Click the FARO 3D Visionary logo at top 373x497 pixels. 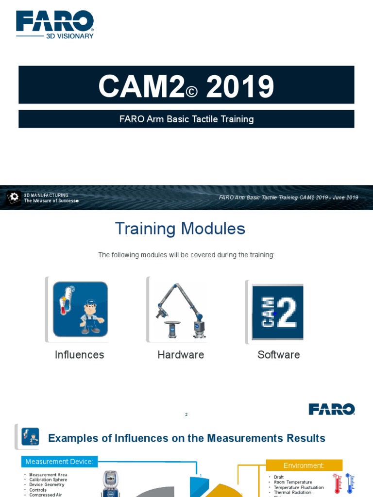pos(55,24)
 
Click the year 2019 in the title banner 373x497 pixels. pos(240,87)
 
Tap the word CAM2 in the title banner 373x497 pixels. pos(141,87)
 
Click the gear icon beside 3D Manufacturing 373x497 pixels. pos(14,197)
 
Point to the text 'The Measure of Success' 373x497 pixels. pos(51,200)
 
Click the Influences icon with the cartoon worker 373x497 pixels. pos(80,309)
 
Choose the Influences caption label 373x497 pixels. pos(79,355)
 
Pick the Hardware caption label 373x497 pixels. pos(181,355)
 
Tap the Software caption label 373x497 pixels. pos(278,355)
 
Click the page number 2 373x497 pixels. pos(186,414)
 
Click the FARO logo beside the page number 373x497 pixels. pos(332,409)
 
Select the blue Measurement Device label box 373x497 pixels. pos(59,462)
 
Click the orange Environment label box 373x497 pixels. pos(304,465)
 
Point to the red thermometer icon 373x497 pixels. pos(337,483)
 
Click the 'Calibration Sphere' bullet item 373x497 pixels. pos(48,480)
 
